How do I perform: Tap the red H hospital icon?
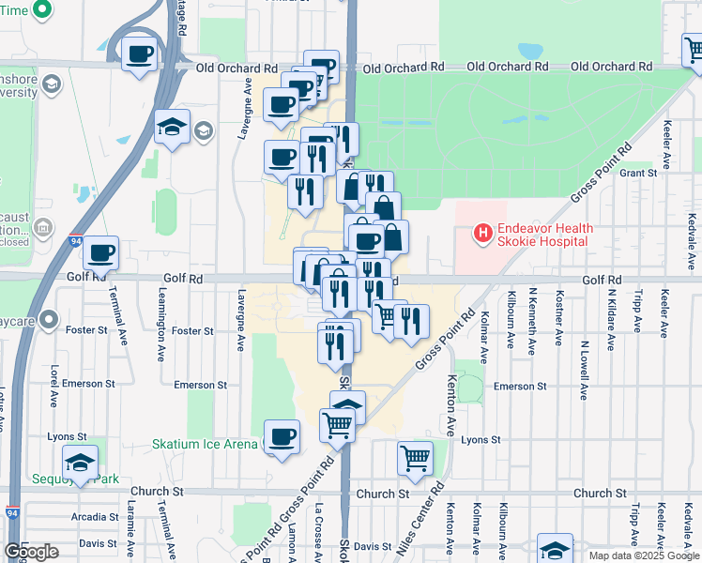[x=482, y=232]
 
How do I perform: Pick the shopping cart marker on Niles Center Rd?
[x=415, y=459]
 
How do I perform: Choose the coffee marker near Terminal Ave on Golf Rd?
[x=101, y=252]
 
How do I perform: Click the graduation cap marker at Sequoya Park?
[x=80, y=462]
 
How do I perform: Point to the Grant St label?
[x=637, y=173]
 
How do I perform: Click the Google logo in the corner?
[x=31, y=552]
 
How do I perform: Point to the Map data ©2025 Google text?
[x=644, y=555]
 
